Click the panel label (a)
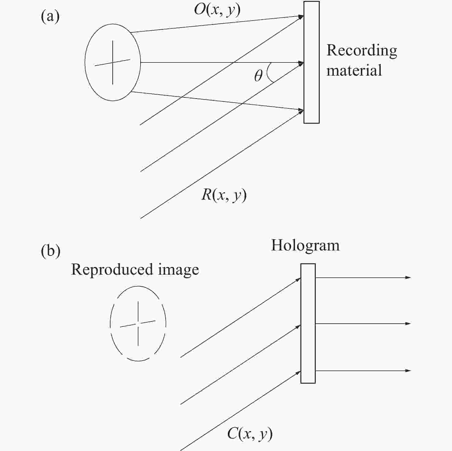(50, 17)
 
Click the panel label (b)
(51, 251)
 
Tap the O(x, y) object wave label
(217, 10)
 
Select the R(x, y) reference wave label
(224, 195)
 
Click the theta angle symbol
(258, 75)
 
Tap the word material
(354, 70)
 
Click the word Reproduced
(112, 270)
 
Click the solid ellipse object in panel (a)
(85, 62)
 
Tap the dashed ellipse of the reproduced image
(110, 324)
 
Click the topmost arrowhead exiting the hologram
(408, 278)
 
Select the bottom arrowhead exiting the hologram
(408, 370)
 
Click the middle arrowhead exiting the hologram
(408, 324)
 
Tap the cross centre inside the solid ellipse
(113, 62)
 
